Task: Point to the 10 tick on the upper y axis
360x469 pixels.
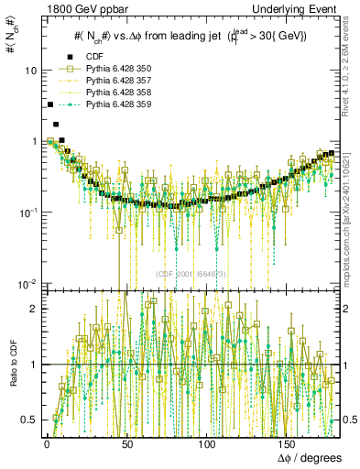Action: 30,71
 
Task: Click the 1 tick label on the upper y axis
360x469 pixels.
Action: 33,141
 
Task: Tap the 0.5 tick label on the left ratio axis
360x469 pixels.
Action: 28,420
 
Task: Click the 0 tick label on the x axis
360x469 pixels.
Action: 47,443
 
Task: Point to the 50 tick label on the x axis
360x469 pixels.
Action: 127,443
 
